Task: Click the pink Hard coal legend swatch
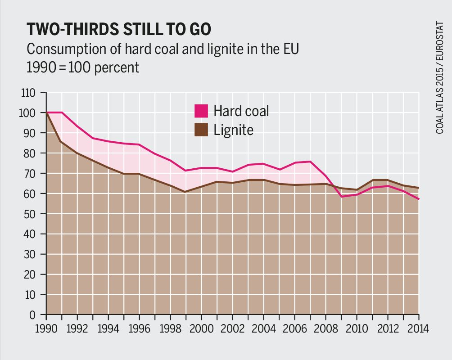201,111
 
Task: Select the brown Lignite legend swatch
201,130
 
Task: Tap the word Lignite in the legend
233,130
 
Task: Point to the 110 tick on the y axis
28,93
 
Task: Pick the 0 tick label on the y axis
32,315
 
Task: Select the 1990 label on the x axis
46,328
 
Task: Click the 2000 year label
202,328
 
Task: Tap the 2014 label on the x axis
418,328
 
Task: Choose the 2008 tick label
326,328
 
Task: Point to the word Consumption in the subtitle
66,49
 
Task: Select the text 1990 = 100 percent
83,67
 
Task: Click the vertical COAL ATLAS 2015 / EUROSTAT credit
439,77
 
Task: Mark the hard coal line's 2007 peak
310,162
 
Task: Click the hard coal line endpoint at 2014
419,199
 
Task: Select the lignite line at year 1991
62,141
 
